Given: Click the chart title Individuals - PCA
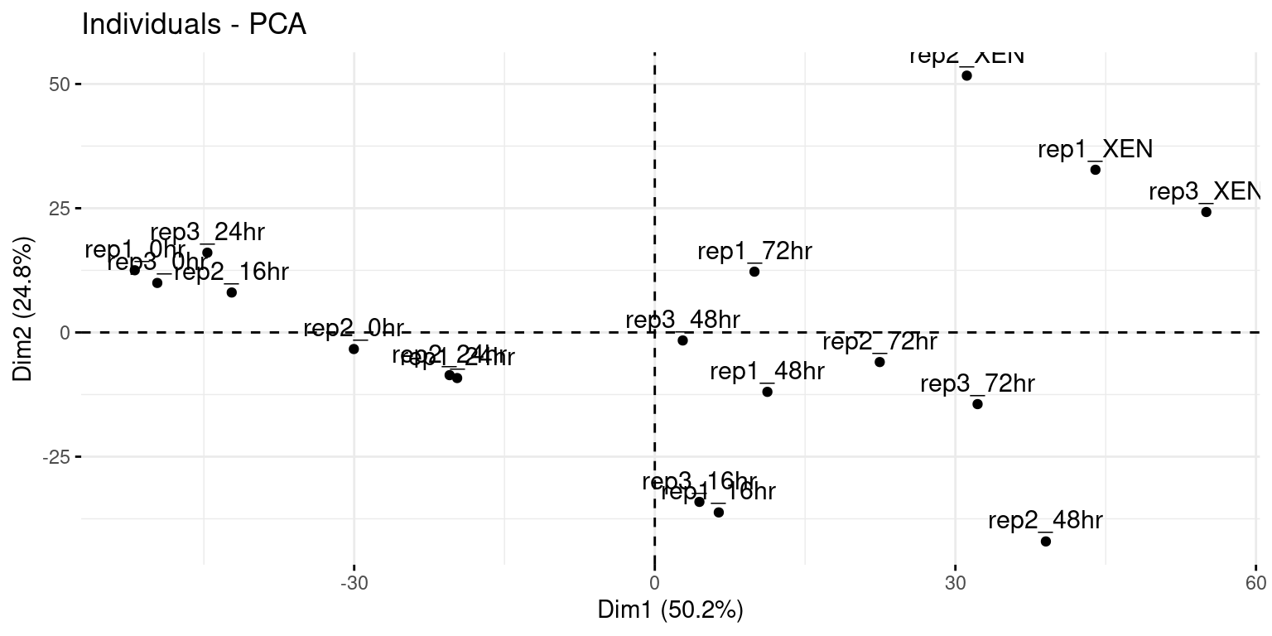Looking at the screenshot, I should click(x=194, y=25).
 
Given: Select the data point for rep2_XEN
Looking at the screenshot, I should click(x=966, y=75).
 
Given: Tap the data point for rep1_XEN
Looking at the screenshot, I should click(x=1095, y=170).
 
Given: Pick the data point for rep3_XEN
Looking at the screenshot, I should click(x=1206, y=212).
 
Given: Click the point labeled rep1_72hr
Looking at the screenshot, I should click(x=754, y=272).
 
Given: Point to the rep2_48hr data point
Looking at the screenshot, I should click(x=1045, y=542).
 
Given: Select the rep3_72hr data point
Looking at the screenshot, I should click(x=977, y=404).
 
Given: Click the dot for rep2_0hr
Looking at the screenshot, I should click(x=354, y=349).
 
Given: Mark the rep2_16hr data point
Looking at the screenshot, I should click(x=232, y=292).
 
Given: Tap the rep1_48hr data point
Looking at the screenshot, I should click(x=767, y=392).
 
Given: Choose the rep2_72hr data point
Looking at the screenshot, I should click(x=879, y=362).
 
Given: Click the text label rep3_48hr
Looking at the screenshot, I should click(x=682, y=320).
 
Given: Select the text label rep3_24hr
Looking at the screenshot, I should click(x=207, y=233).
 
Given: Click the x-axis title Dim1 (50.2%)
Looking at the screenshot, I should click(x=671, y=610).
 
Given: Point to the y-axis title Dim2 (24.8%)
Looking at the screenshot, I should click(x=23, y=309).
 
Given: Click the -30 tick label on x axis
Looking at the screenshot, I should click(x=354, y=582).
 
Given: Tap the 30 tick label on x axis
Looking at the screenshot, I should click(x=955, y=582).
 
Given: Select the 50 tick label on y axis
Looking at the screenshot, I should click(x=60, y=84).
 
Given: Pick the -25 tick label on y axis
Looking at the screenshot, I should click(x=58, y=457).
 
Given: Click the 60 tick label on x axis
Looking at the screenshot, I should click(x=1255, y=582).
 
